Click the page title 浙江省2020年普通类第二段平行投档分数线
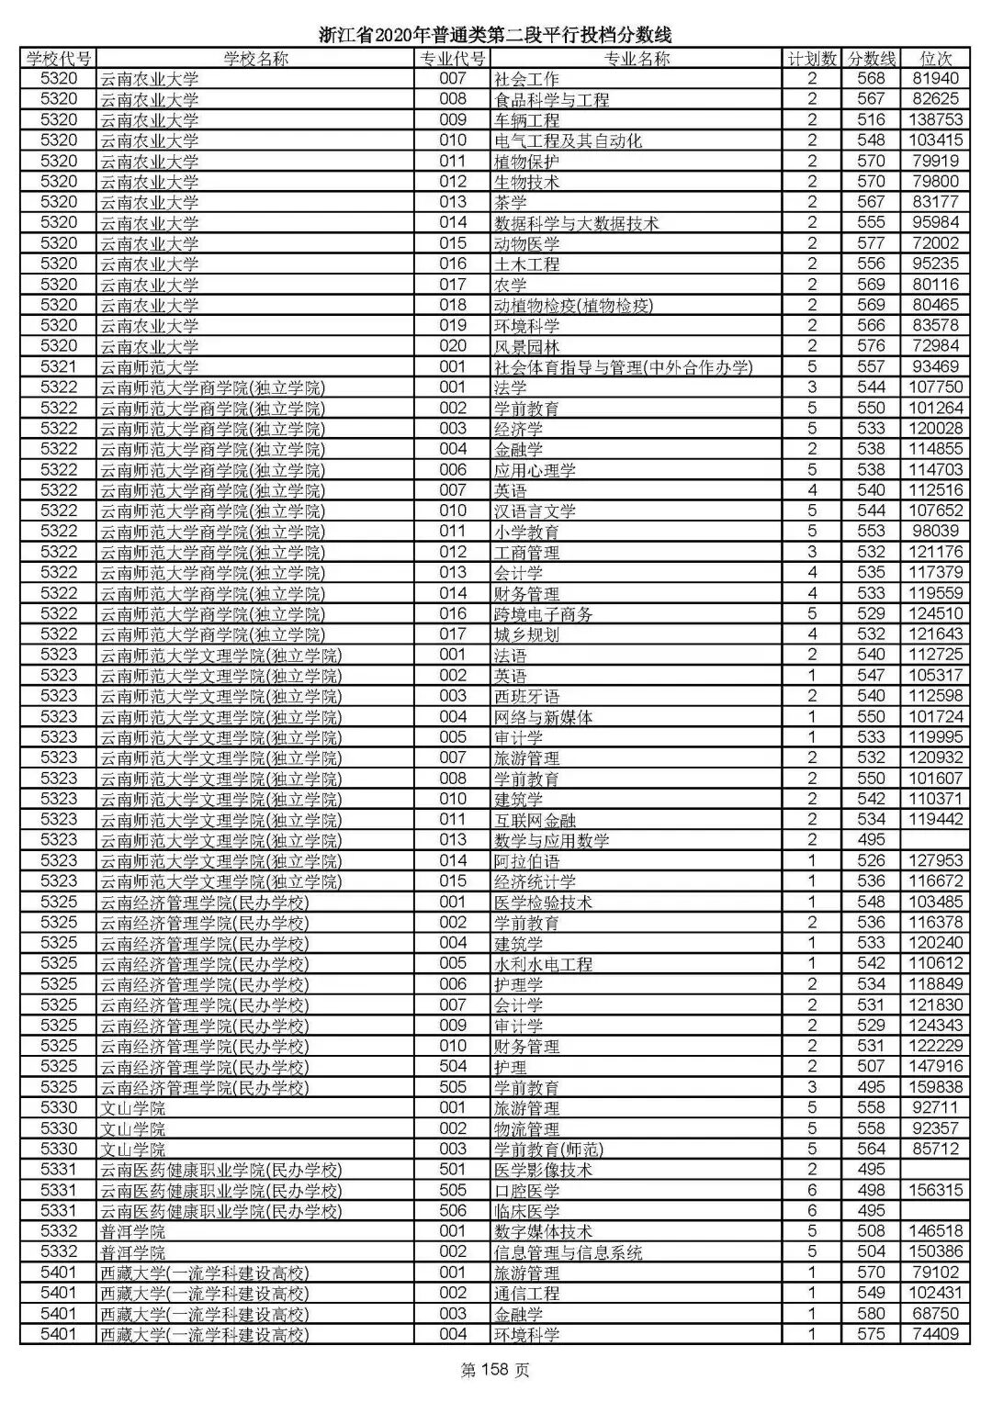pos(495,35)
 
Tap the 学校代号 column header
pos(59,59)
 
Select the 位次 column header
pos(935,59)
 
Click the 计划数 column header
pos(812,59)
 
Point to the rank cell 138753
pos(935,120)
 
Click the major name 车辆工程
pos(526,120)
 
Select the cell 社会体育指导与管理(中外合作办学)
pos(623,367)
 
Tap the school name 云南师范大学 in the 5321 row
pos(149,367)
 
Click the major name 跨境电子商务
pos(543,614)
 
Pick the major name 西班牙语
pos(526,696)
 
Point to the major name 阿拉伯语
pos(526,861)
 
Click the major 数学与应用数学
pos(551,840)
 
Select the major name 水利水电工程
pos(543,964)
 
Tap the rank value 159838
pos(935,1087)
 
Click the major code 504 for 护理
pos(453,1067)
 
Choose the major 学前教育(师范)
pos(548,1149)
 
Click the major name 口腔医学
pos(526,1190)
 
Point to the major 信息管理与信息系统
pos(568,1252)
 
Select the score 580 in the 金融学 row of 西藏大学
pos(871,1314)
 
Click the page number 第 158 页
pos(495,1371)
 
